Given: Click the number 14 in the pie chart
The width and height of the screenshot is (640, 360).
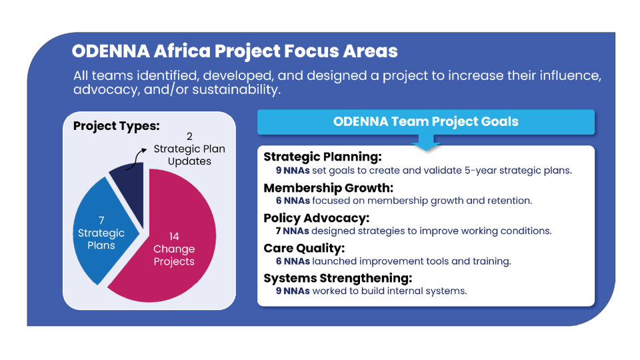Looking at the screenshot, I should click(174, 236).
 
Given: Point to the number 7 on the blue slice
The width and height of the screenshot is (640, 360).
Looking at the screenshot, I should click(101, 221).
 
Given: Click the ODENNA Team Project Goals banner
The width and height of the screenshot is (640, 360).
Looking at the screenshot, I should click(426, 122).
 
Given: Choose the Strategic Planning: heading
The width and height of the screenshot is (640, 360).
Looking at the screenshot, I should click(323, 157).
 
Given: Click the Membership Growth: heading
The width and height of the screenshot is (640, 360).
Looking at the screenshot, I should click(328, 187).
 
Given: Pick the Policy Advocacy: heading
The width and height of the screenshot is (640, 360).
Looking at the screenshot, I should click(316, 218).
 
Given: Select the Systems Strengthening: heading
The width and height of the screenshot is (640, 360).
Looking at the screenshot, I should click(337, 278).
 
